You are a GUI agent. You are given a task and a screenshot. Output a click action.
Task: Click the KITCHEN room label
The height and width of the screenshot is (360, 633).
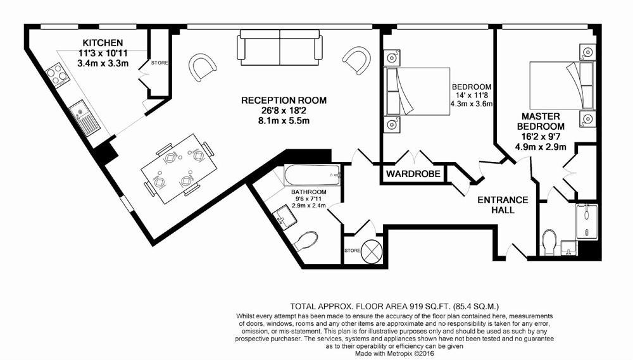point(103,43)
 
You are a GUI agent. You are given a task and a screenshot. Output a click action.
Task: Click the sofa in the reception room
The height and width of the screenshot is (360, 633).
point(280,47)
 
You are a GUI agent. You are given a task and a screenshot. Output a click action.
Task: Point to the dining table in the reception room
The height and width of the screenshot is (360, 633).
point(178,168)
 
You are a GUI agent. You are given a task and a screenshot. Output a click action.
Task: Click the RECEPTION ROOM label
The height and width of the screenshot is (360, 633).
point(284,100)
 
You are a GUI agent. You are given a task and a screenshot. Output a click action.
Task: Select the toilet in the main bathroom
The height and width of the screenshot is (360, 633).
point(305,241)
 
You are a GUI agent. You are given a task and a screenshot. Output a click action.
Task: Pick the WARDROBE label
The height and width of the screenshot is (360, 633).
point(412,174)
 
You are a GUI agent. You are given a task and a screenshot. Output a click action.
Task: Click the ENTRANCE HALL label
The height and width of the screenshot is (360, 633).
point(503,204)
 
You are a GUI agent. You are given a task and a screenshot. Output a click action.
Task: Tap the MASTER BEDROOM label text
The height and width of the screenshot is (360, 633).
point(541,121)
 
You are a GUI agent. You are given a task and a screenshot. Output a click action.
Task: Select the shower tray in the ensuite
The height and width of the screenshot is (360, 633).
point(587,221)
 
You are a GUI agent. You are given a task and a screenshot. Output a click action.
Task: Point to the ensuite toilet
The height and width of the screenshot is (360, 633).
point(550,242)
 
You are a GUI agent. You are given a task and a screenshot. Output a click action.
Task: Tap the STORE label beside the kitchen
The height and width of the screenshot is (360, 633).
point(159,63)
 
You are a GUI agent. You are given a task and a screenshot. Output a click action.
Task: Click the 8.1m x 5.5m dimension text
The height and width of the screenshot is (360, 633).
point(284,121)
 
